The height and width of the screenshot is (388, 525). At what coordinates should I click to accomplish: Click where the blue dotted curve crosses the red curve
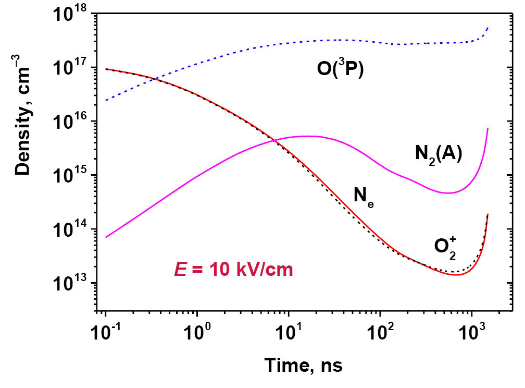point(156,79)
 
